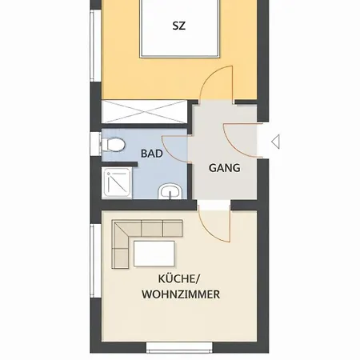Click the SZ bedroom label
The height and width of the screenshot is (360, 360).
point(178,26)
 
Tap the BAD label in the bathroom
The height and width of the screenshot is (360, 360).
point(152,154)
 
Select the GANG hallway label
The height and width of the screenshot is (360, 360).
point(225,168)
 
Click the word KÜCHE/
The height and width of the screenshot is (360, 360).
point(179,279)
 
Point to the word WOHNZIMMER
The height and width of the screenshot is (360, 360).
point(181,294)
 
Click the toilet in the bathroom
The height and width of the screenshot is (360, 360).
point(114,145)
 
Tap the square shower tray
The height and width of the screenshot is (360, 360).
point(117,183)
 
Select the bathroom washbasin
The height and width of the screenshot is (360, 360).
point(170,191)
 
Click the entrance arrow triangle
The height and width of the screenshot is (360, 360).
point(275,142)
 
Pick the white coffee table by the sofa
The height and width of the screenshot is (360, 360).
point(154,254)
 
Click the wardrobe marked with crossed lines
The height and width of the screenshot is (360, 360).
point(144,112)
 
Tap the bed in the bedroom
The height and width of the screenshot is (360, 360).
point(180,28)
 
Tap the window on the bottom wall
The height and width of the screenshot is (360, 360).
point(179,347)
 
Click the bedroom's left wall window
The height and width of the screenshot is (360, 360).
point(95,46)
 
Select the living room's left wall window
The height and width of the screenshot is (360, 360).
point(95,261)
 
